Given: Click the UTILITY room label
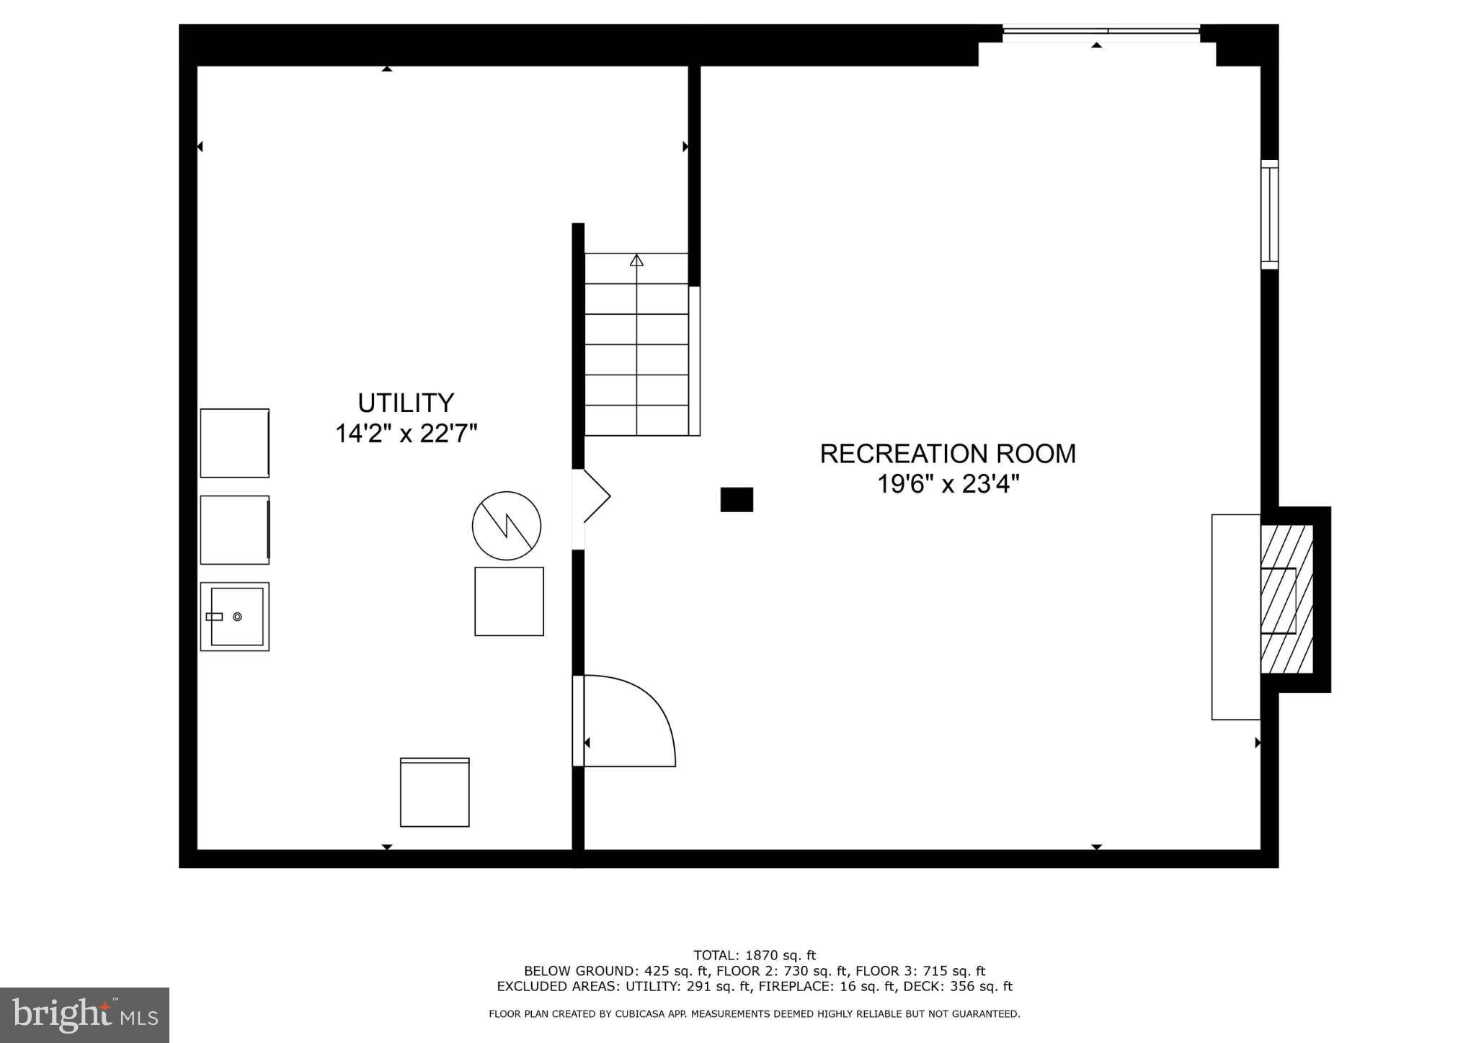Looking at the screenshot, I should [x=406, y=402].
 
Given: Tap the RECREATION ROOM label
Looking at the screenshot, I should [x=948, y=454].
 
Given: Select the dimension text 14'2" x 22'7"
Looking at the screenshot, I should [x=406, y=434].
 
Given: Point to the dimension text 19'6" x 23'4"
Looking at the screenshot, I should [x=948, y=484].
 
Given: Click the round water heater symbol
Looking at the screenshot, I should [x=507, y=526].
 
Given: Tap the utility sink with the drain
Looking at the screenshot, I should [x=235, y=617].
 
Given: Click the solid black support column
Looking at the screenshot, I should [x=737, y=499].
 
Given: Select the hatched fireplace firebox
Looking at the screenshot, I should [x=1286, y=599].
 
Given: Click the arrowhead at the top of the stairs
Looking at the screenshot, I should [x=636, y=260].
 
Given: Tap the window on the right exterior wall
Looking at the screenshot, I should [x=1269, y=215].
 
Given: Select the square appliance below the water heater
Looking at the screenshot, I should [x=509, y=601].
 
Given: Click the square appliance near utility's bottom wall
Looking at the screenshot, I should [x=435, y=792].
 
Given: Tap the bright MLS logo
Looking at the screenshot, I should [x=84, y=1015].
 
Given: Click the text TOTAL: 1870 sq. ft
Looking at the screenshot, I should [x=754, y=956].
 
